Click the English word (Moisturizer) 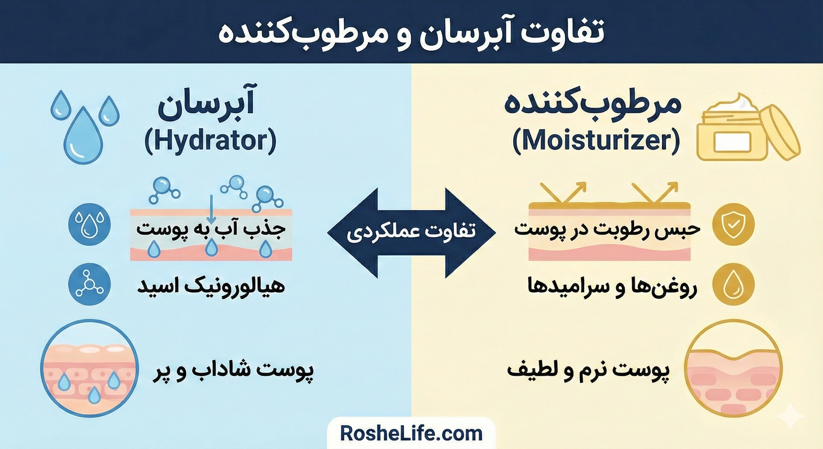tap(596, 141)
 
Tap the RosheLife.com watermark tap(411, 434)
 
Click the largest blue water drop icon tap(83, 136)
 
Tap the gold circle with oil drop tap(734, 284)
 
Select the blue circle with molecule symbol tap(90, 284)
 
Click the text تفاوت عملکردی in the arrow tap(411, 232)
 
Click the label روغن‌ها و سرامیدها tap(612, 285)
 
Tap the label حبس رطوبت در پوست tap(607, 229)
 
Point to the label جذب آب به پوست tap(211, 229)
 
